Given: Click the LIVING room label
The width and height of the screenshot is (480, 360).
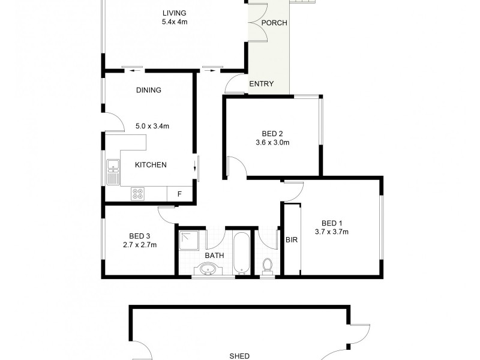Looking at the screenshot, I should click(x=175, y=13).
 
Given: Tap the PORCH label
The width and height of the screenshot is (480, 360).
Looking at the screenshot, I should click(x=275, y=23).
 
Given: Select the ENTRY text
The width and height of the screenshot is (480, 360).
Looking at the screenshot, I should click(x=261, y=84).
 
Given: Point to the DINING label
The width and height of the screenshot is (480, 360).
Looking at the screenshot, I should click(x=149, y=91).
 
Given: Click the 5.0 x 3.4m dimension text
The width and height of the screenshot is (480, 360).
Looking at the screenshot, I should click(x=152, y=126).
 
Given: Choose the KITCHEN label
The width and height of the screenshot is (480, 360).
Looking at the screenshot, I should click(x=150, y=165).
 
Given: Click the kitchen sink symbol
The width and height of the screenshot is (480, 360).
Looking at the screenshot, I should click(x=112, y=171).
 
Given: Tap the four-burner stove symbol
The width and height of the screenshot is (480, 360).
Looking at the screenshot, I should click(x=137, y=194).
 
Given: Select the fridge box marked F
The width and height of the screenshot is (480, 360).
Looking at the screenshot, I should click(x=179, y=194).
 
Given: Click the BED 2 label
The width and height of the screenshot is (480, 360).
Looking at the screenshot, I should click(x=272, y=133).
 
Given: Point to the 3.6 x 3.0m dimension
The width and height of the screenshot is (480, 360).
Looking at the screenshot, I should click(x=272, y=143).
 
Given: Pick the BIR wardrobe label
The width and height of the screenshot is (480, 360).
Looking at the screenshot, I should click(x=292, y=239).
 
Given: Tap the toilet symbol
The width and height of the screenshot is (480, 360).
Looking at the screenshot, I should click(x=268, y=264).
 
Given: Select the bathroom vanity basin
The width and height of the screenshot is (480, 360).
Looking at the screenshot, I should click(x=208, y=269).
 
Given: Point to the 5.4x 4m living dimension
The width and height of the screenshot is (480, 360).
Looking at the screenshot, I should click(x=175, y=22).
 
